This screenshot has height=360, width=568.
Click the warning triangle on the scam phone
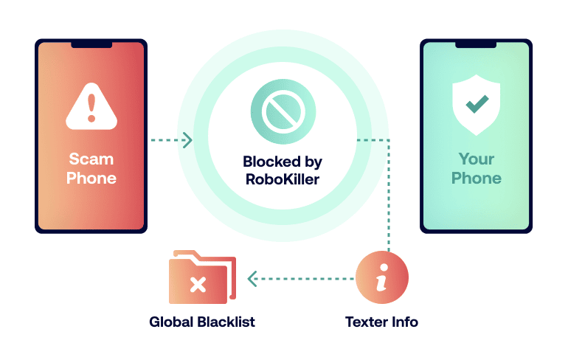tap(91, 108)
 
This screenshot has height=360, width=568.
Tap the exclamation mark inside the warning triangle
tap(91, 109)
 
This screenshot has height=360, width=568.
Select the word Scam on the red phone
tap(91, 159)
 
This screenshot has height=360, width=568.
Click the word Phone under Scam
tap(91, 178)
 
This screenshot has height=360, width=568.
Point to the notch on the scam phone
tap(91, 44)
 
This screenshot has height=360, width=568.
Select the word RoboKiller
tap(282, 179)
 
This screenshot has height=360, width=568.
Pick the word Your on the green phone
tap(476, 159)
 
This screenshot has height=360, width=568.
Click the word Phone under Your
tap(476, 178)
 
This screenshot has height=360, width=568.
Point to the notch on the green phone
tap(476, 44)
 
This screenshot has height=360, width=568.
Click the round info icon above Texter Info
tap(381, 278)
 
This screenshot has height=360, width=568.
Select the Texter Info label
tap(381, 322)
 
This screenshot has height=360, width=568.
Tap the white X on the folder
tap(197, 284)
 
